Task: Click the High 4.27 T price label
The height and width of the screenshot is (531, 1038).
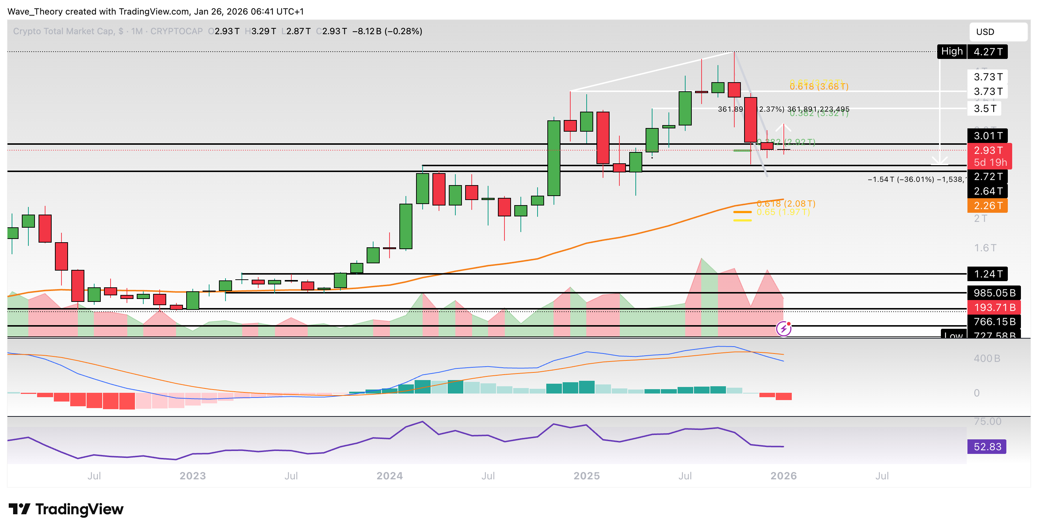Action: tap(972, 52)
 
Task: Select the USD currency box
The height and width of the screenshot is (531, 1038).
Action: tap(997, 32)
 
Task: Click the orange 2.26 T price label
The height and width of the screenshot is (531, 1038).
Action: tap(987, 205)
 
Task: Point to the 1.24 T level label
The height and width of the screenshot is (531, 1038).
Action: tap(987, 274)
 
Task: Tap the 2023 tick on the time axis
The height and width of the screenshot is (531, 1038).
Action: tap(193, 476)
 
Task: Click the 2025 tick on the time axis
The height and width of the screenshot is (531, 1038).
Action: tap(586, 476)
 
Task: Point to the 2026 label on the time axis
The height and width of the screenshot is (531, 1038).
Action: tap(783, 476)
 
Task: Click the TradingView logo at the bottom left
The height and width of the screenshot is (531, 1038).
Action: tap(66, 509)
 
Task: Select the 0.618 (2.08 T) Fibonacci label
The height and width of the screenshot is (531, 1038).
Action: tap(786, 203)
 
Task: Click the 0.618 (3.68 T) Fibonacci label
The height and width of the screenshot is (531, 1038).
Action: tap(819, 87)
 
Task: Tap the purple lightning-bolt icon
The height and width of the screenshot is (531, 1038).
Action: tap(783, 329)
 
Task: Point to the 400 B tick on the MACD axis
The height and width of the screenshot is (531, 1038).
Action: tap(986, 358)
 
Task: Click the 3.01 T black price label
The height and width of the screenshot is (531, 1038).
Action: tap(987, 136)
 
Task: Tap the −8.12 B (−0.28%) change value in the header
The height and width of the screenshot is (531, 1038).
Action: tap(387, 31)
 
